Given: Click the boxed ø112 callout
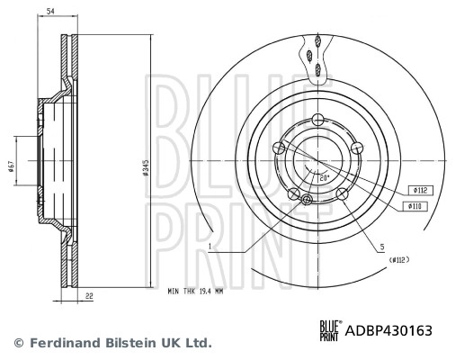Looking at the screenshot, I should tap(420, 191).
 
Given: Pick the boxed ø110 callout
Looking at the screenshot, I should tap(420, 207).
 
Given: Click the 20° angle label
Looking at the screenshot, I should tap(322, 176).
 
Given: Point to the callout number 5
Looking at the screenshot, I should tap(381, 246).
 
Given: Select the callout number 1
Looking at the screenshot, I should tap(208, 245).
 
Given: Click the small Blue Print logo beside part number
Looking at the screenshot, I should tap(328, 330).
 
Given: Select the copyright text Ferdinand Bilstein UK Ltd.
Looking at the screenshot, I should tap(112, 343).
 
